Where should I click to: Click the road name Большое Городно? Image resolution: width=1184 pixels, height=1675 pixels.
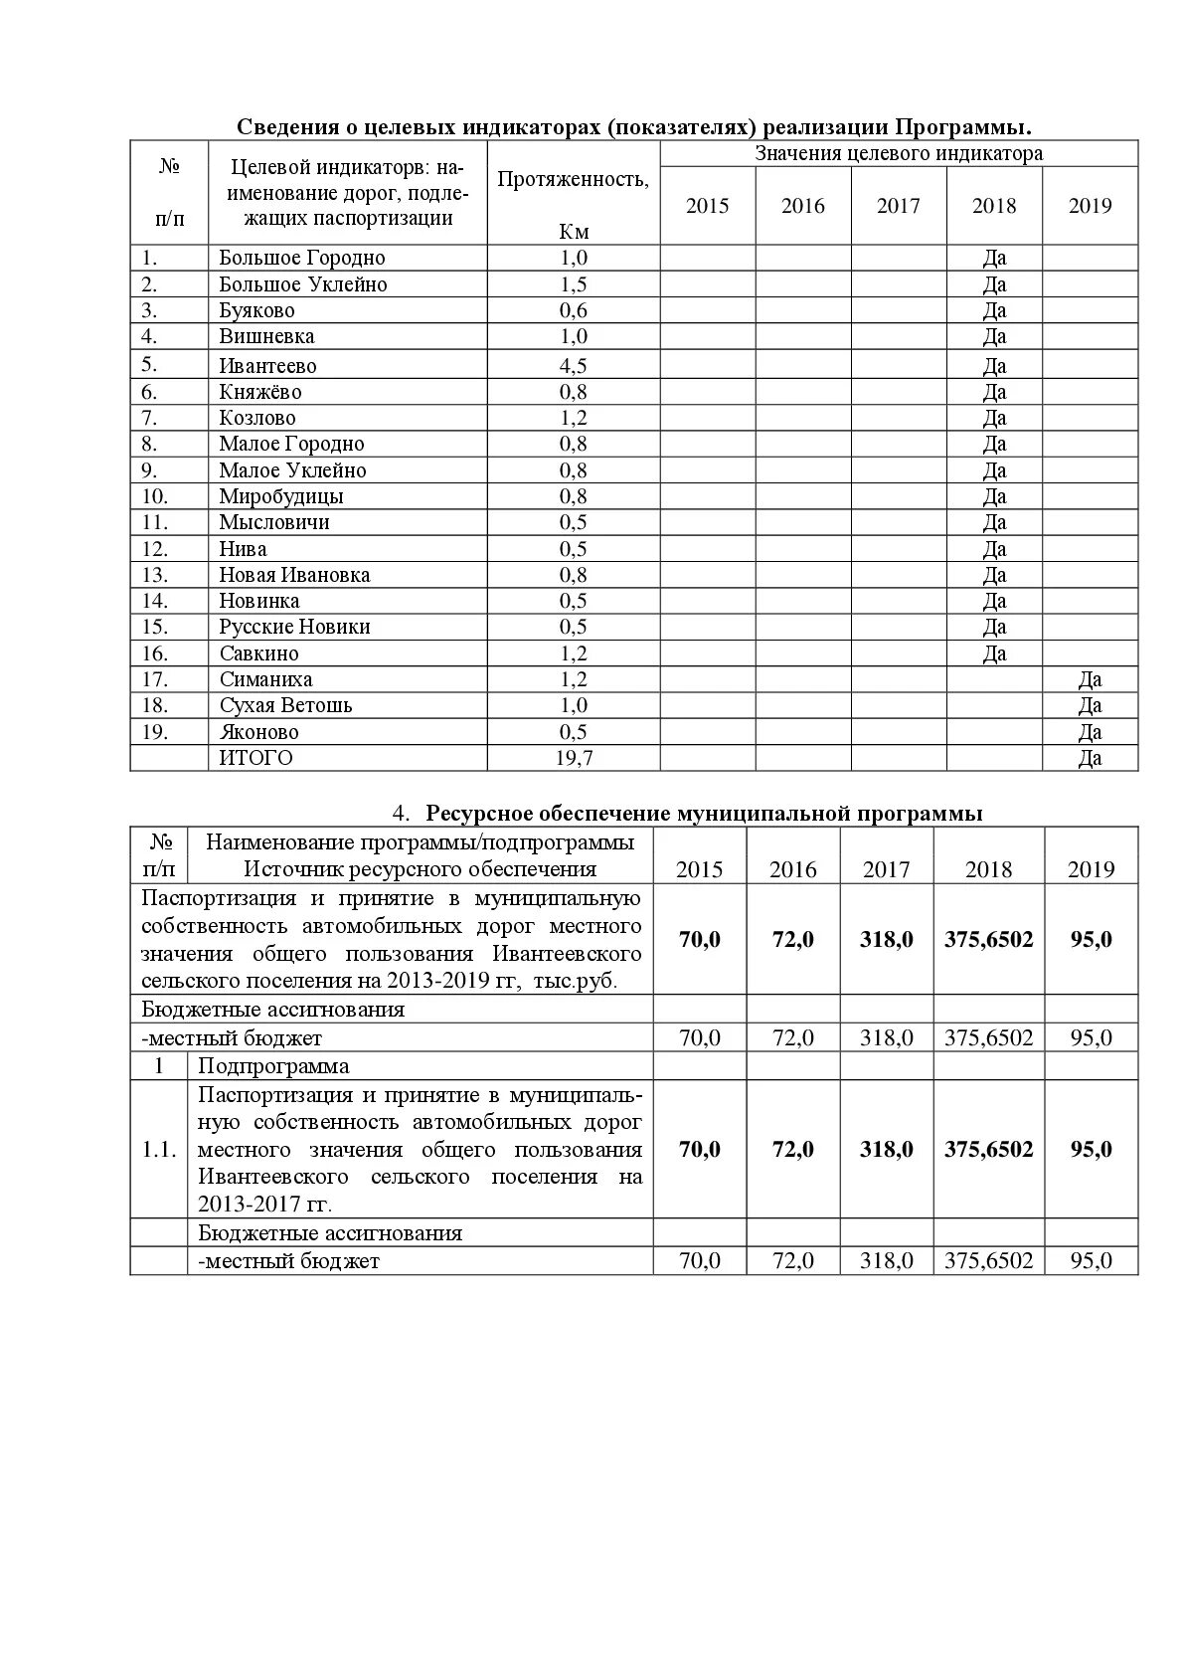click(x=302, y=258)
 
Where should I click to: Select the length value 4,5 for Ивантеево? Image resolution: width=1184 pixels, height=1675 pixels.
click(x=574, y=365)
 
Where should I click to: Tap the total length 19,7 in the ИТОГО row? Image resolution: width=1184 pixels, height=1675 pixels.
click(x=574, y=758)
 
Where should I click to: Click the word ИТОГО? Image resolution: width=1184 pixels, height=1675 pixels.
click(x=256, y=758)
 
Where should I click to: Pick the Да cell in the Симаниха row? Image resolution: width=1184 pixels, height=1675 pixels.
click(x=1090, y=679)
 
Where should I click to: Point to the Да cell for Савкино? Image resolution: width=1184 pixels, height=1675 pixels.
click(x=994, y=653)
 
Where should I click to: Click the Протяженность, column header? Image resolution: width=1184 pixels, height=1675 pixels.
click(x=574, y=179)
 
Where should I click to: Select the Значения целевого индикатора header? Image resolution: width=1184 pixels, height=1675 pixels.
click(x=899, y=153)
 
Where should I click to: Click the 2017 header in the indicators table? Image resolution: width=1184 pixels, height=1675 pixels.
click(x=899, y=206)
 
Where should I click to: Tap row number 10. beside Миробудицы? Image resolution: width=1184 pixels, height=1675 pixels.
click(x=155, y=496)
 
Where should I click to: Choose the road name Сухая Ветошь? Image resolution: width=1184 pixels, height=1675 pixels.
click(x=286, y=705)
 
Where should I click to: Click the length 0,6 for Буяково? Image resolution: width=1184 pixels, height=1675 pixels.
click(x=574, y=310)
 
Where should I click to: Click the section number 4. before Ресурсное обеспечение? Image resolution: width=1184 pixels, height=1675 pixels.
click(x=401, y=814)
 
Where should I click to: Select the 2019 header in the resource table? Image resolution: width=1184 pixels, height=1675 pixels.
click(x=1091, y=869)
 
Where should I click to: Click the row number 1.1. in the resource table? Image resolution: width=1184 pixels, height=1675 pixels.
click(x=159, y=1150)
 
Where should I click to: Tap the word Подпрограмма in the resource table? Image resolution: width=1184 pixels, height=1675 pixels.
click(x=273, y=1066)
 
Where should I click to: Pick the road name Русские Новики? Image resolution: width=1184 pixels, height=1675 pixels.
click(x=294, y=627)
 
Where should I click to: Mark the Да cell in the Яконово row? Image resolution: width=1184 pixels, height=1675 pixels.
click(x=1090, y=732)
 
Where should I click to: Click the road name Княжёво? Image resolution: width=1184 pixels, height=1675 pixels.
click(x=260, y=392)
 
